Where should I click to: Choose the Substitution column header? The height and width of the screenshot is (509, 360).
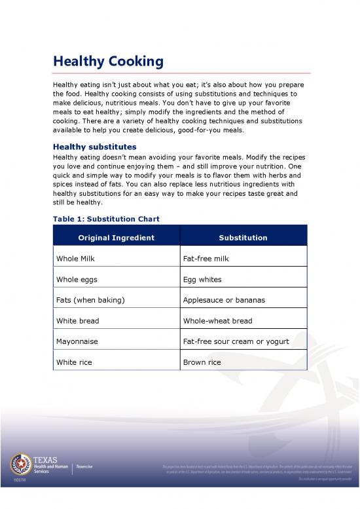[243, 237]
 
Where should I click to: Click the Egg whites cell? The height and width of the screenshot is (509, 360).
[203, 279]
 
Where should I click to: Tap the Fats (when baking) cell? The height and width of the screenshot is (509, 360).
[90, 300]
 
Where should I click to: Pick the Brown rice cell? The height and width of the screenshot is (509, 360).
[202, 362]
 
